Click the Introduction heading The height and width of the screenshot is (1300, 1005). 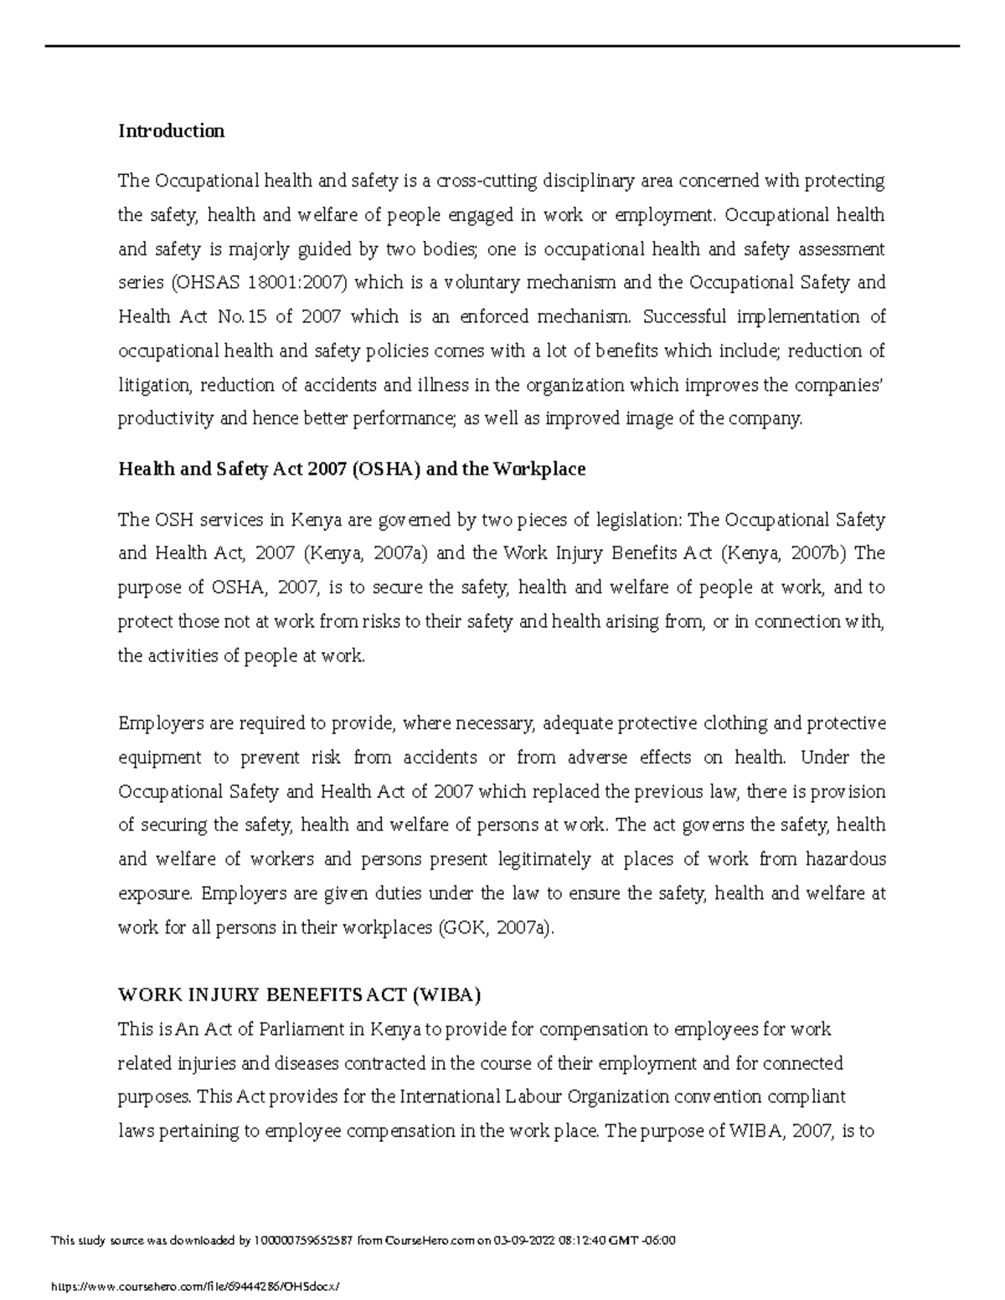pos(171,131)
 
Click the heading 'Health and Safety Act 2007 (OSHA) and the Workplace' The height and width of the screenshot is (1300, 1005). pos(351,469)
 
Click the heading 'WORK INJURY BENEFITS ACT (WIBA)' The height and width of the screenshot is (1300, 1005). pos(300,995)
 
